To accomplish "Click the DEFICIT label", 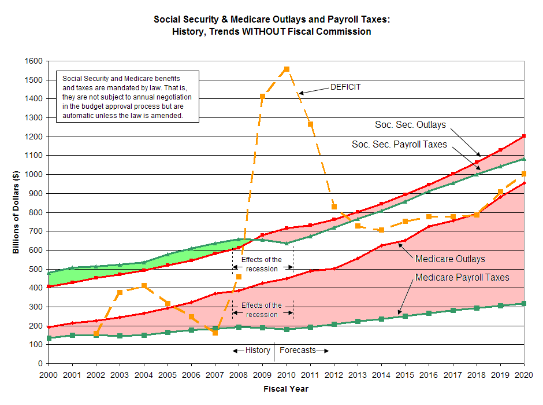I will (x=345, y=87).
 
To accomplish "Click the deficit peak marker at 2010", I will (x=287, y=69).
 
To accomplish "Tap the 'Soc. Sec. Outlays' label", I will (x=410, y=124).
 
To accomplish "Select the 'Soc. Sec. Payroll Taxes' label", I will (x=399, y=144).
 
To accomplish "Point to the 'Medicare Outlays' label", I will (x=450, y=259).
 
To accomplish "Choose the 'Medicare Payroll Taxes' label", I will (x=462, y=278).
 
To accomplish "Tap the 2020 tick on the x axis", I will (x=524, y=374).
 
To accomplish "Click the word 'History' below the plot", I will (x=258, y=350).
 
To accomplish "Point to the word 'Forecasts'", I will (x=298, y=350).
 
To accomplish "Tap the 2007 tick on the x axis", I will (x=215, y=374).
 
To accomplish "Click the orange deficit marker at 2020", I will (x=524, y=174).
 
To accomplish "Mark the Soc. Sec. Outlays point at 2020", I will (x=524, y=137).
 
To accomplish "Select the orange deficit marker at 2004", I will (x=144, y=286).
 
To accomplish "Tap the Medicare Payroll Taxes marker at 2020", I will (x=524, y=303).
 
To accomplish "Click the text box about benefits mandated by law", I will (x=127, y=97).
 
